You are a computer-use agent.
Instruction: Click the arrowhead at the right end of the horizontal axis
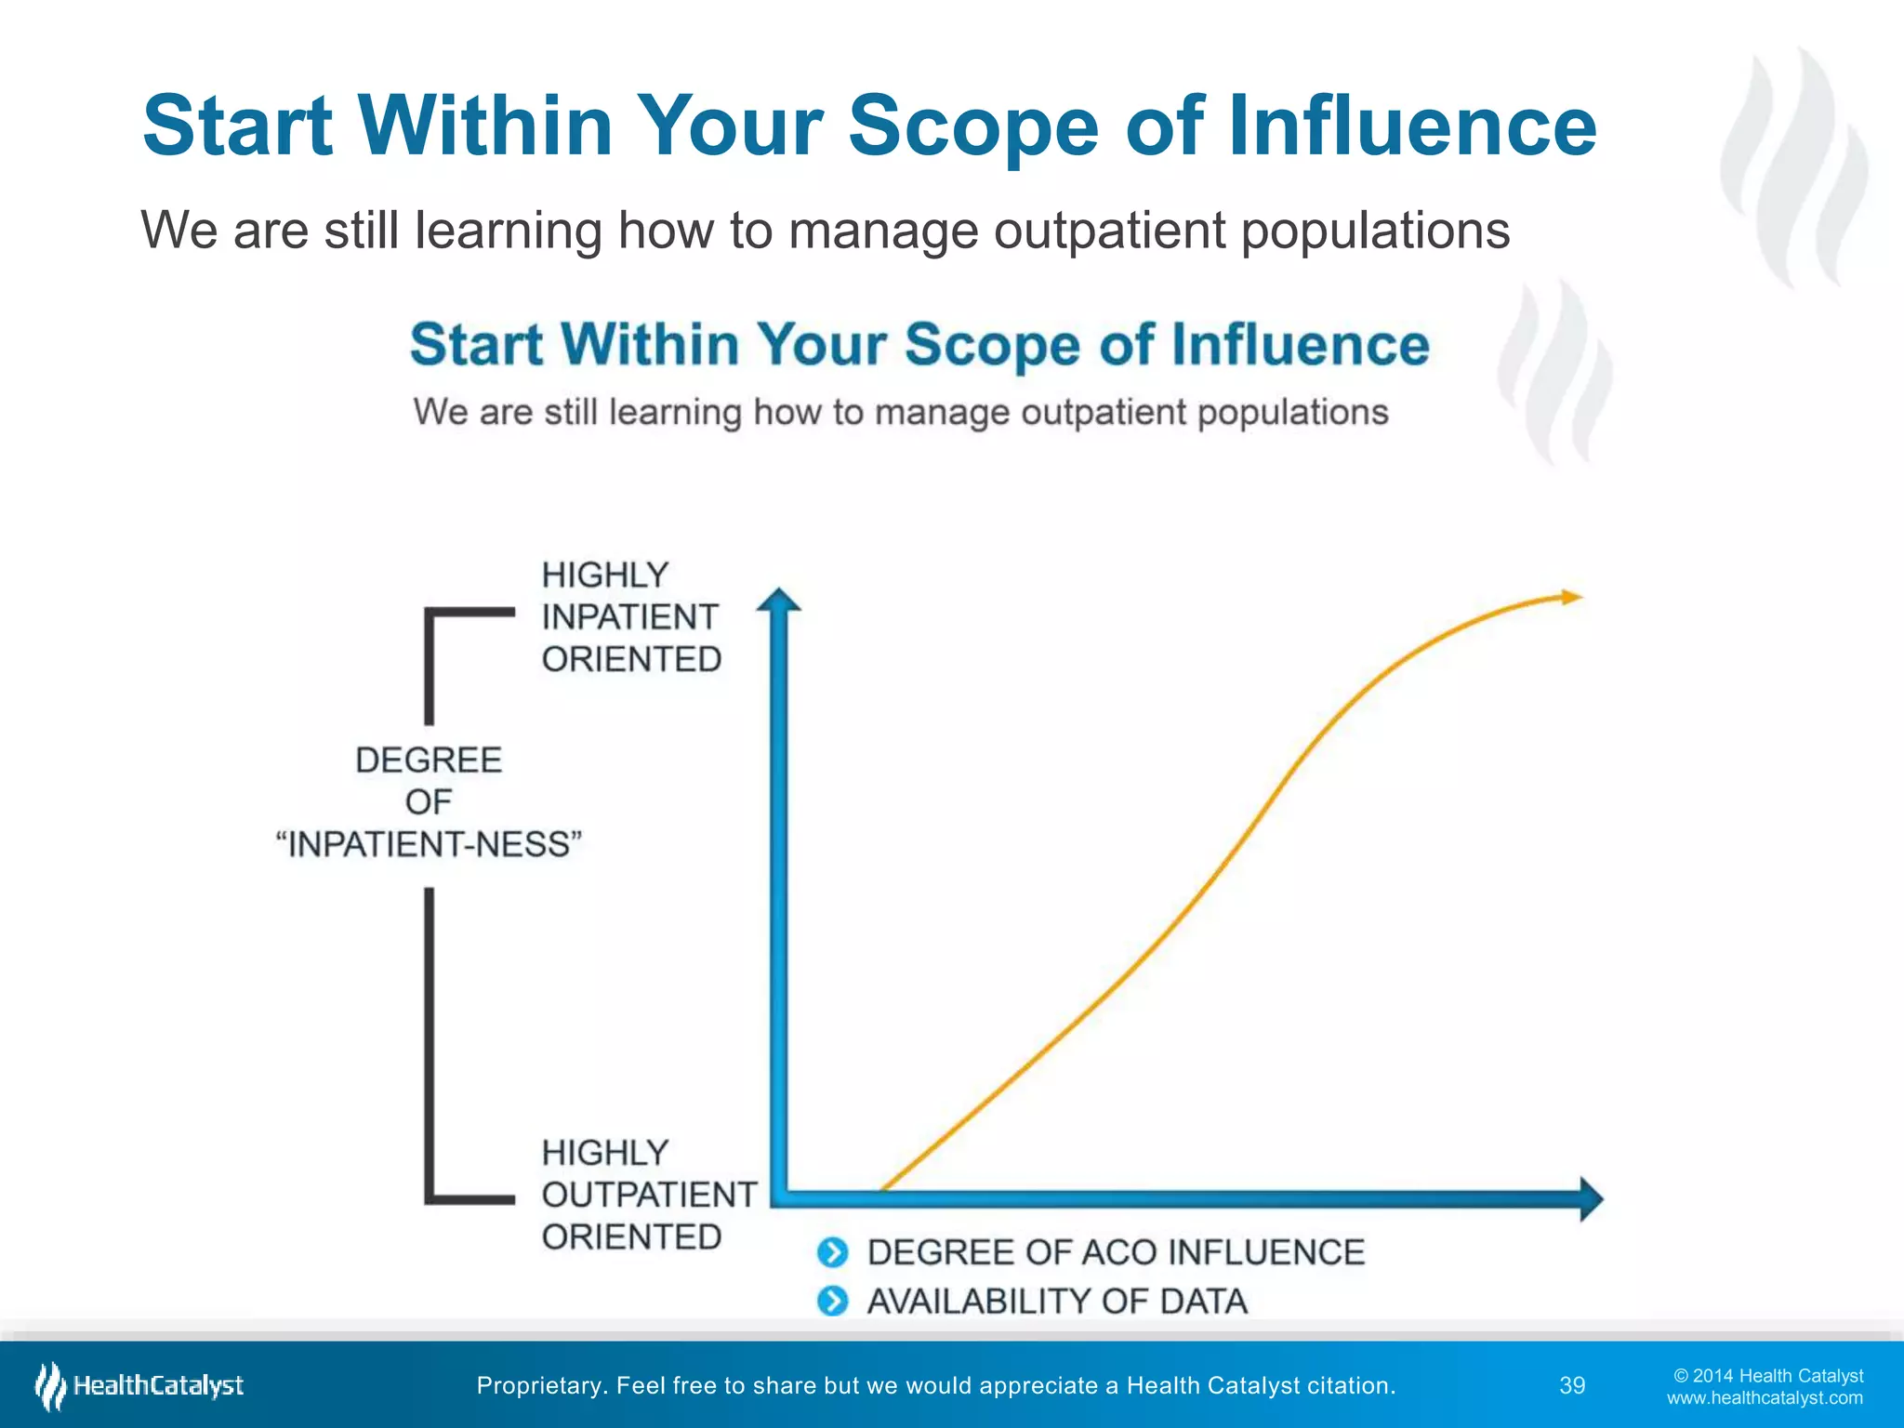pyautogui.click(x=1591, y=1198)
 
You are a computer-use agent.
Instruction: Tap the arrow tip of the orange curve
pyautogui.click(x=1573, y=597)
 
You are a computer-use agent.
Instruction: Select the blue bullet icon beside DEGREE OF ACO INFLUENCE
pyautogui.click(x=833, y=1252)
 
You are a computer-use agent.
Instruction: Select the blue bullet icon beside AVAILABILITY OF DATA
pyautogui.click(x=833, y=1301)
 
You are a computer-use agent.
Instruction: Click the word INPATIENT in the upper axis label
pyautogui.click(x=629, y=616)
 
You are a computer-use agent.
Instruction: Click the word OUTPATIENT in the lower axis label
pyautogui.click(x=649, y=1195)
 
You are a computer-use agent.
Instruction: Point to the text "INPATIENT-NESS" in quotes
pyautogui.click(x=429, y=844)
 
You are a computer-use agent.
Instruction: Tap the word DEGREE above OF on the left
pyautogui.click(x=429, y=760)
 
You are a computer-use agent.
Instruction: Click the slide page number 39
pyautogui.click(x=1572, y=1385)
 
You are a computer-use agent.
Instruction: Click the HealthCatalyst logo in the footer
pyautogui.click(x=139, y=1385)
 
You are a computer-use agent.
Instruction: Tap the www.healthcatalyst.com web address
pyautogui.click(x=1765, y=1398)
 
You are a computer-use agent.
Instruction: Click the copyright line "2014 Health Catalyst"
pyautogui.click(x=1768, y=1375)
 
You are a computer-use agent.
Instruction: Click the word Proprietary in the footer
pyautogui.click(x=537, y=1385)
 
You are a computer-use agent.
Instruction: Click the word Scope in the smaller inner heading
pyautogui.click(x=991, y=345)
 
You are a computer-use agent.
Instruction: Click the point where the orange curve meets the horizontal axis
pyautogui.click(x=881, y=1189)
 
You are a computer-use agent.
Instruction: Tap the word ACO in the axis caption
pyautogui.click(x=1118, y=1252)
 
